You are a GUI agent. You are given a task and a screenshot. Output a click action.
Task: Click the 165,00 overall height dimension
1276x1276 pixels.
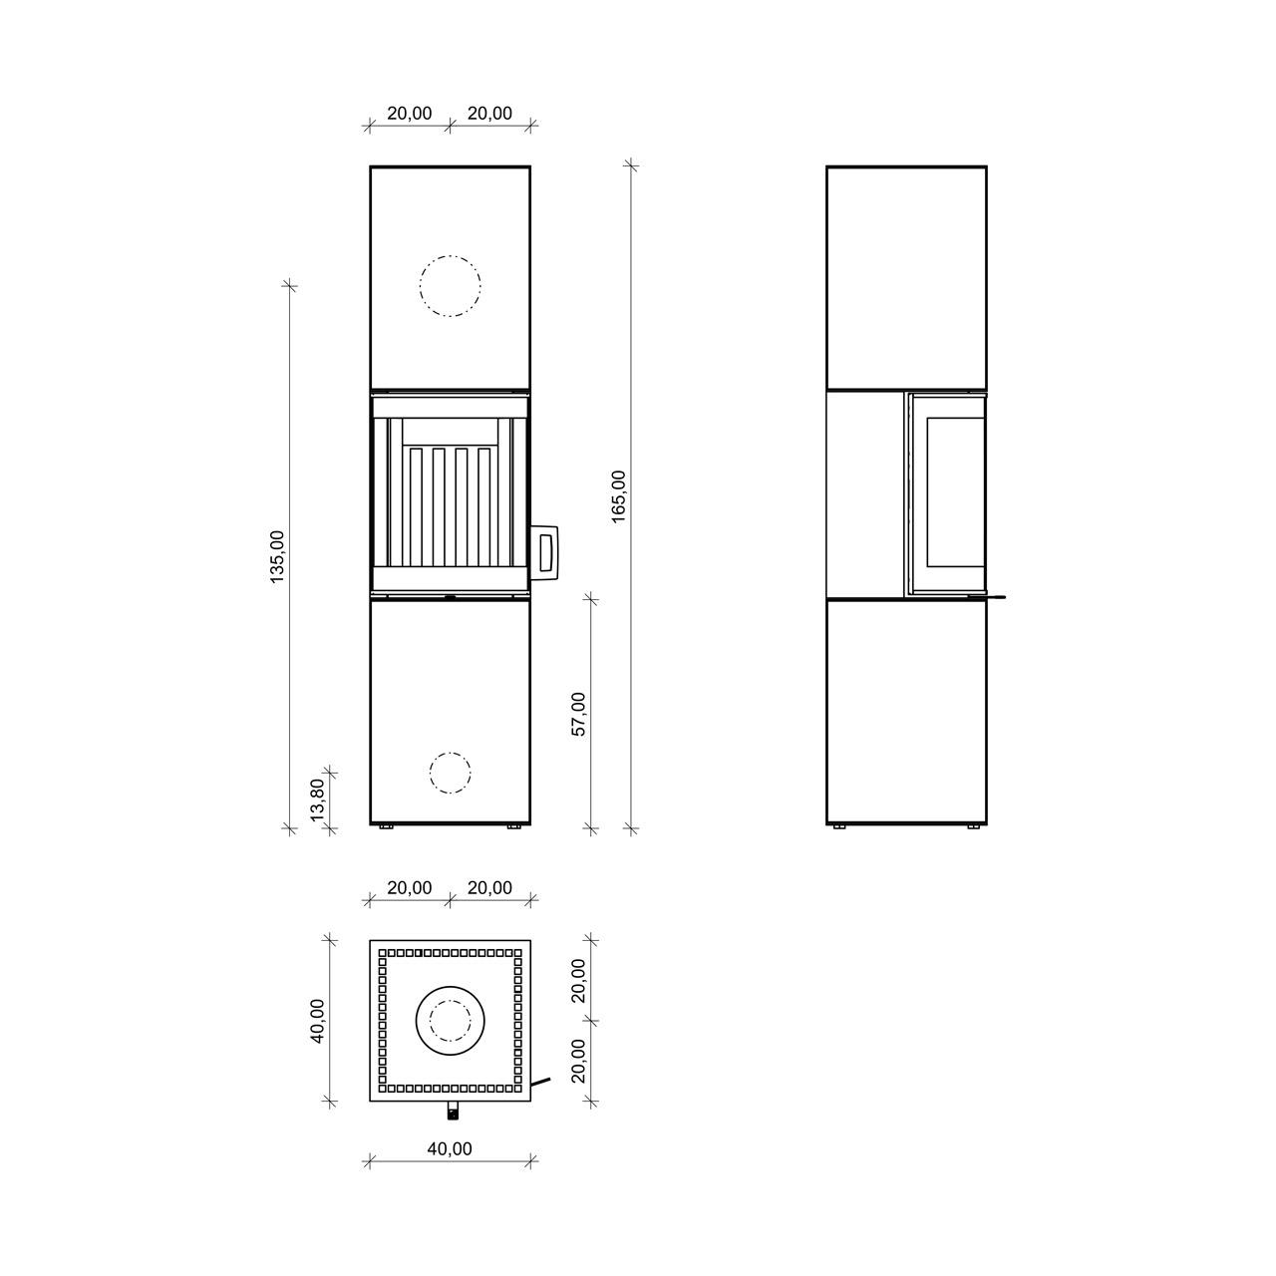(x=618, y=496)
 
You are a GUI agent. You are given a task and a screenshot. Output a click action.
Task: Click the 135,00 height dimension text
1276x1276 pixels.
(x=277, y=557)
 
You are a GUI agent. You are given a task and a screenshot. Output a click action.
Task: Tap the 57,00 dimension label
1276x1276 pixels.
(x=578, y=714)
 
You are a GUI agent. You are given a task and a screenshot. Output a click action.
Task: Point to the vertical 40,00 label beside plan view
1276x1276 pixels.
(x=318, y=1021)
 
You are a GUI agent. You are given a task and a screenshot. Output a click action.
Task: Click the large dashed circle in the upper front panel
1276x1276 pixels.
(x=451, y=286)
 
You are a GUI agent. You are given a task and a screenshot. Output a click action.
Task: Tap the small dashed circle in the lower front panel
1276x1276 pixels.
(x=451, y=773)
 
